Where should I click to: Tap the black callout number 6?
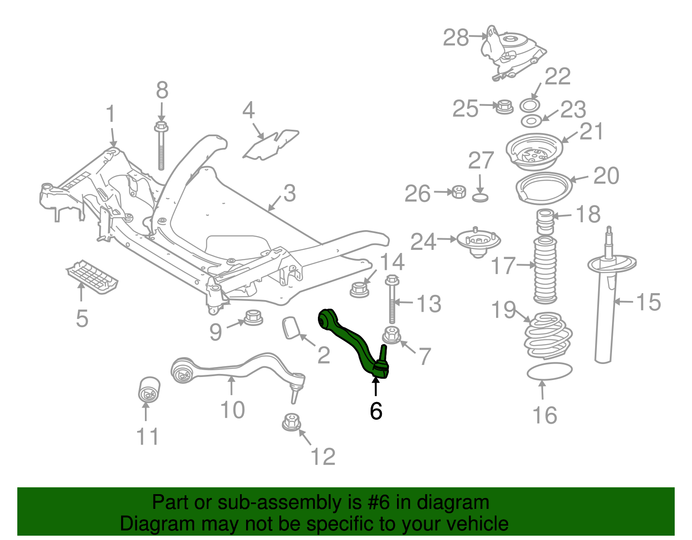coord(376,411)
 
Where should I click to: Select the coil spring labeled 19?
coord(548,336)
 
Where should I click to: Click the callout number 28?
coord(456,38)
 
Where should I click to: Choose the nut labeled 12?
coord(291,422)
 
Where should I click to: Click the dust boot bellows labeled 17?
coord(545,270)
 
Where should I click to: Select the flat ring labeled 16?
coord(549,371)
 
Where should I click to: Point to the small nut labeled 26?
coord(458,192)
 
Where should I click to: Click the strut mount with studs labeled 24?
coord(478,242)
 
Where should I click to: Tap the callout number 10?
coord(232,409)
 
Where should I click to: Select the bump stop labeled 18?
coord(545,221)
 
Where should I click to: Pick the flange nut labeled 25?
coord(504,106)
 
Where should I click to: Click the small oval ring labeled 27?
coord(480,198)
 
